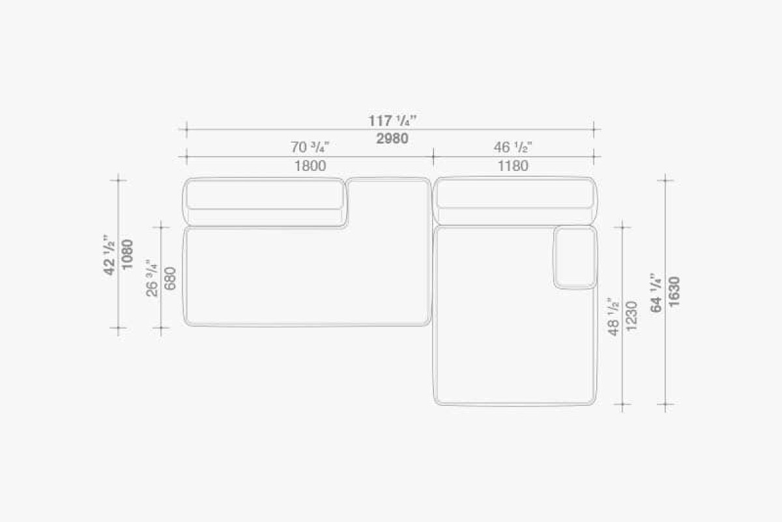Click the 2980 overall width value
(392, 139)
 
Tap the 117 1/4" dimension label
(392, 121)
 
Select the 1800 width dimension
(310, 166)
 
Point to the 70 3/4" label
(310, 147)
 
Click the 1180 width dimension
(512, 166)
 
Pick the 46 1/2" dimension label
(512, 147)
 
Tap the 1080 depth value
(128, 254)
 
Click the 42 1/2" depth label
(109, 254)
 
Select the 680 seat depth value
(170, 279)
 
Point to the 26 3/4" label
(152, 279)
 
